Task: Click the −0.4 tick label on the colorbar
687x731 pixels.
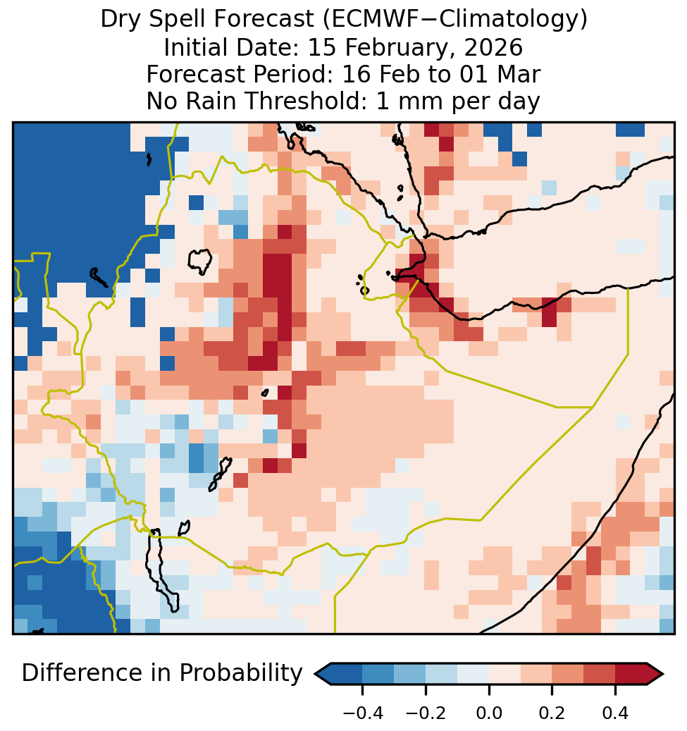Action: pyautogui.click(x=363, y=713)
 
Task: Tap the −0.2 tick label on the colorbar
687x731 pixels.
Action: pyautogui.click(x=426, y=713)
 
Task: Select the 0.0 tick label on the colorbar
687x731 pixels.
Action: pyautogui.click(x=489, y=713)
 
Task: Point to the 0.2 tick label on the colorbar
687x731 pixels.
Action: pyautogui.click(x=552, y=713)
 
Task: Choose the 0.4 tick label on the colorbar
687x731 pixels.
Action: pyautogui.click(x=615, y=713)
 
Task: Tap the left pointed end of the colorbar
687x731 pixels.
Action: pyautogui.click(x=316, y=673)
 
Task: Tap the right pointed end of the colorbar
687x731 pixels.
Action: pyautogui.click(x=663, y=673)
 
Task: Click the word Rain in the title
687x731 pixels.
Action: pyautogui.click(x=213, y=101)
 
